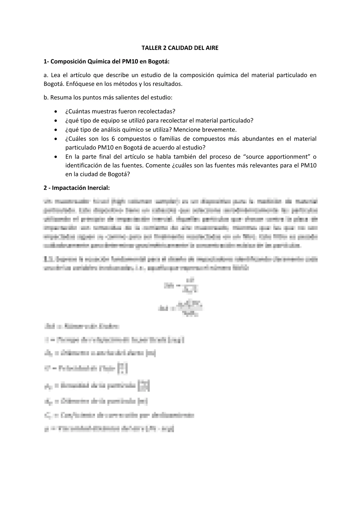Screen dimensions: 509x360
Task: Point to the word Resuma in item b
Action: [x=59, y=98]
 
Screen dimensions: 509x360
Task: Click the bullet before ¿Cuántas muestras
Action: [x=55, y=112]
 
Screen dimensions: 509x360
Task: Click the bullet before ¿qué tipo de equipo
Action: [x=55, y=121]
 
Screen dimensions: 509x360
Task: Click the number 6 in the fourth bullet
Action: [x=111, y=139]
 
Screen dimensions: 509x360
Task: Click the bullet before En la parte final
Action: [x=55, y=157]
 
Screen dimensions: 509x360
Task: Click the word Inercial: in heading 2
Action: [x=99, y=188]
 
